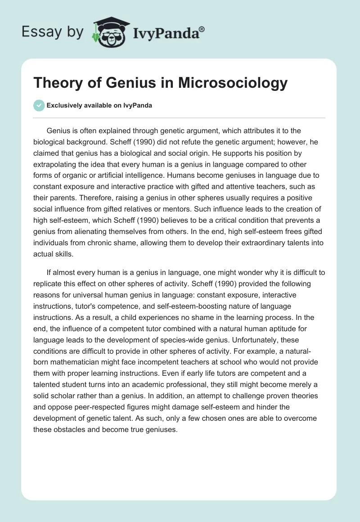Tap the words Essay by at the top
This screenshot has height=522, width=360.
pyautogui.click(x=53, y=31)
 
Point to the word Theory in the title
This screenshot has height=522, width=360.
pyautogui.click(x=54, y=83)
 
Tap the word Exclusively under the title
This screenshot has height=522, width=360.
pyautogui.click(x=63, y=105)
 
